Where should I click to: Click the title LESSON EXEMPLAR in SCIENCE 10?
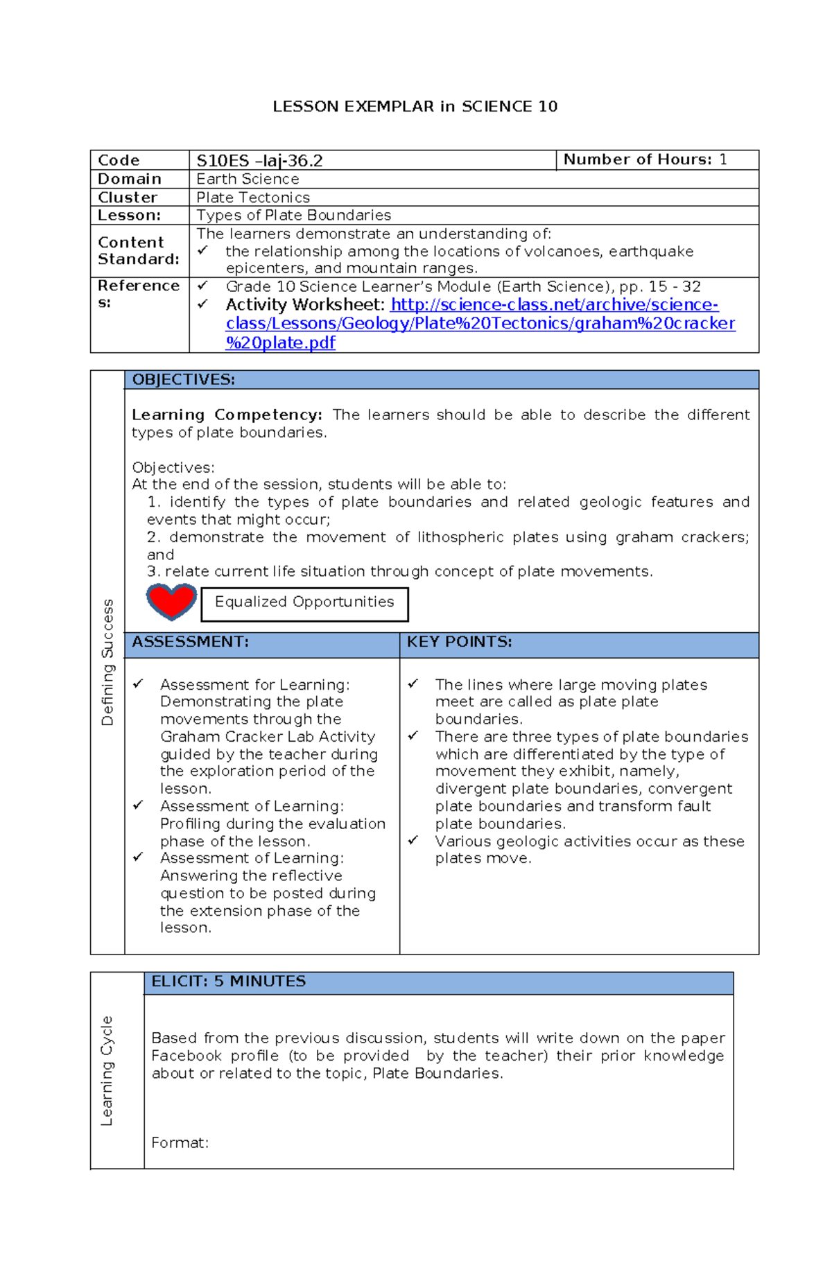[x=415, y=107]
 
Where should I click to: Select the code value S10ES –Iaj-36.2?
[x=259, y=161]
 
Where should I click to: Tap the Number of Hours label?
[x=637, y=159]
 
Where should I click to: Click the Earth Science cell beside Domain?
[x=248, y=179]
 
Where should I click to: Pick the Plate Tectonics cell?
[x=253, y=198]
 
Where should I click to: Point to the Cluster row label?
[x=128, y=198]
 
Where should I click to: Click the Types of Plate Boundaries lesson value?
[x=293, y=216]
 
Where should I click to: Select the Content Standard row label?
[x=139, y=251]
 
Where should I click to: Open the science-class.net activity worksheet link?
[x=480, y=323]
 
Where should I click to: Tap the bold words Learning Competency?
[x=227, y=415]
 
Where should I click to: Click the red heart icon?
[x=171, y=601]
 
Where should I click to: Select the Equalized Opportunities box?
[x=304, y=604]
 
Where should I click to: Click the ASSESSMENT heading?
[x=190, y=642]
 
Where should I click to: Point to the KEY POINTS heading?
[x=459, y=642]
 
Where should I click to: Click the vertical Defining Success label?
[x=107, y=661]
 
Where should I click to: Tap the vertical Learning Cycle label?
[x=107, y=1070]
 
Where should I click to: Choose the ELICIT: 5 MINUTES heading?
[x=228, y=982]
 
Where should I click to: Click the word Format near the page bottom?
[x=180, y=1142]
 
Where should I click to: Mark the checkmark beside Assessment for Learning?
[x=138, y=684]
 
